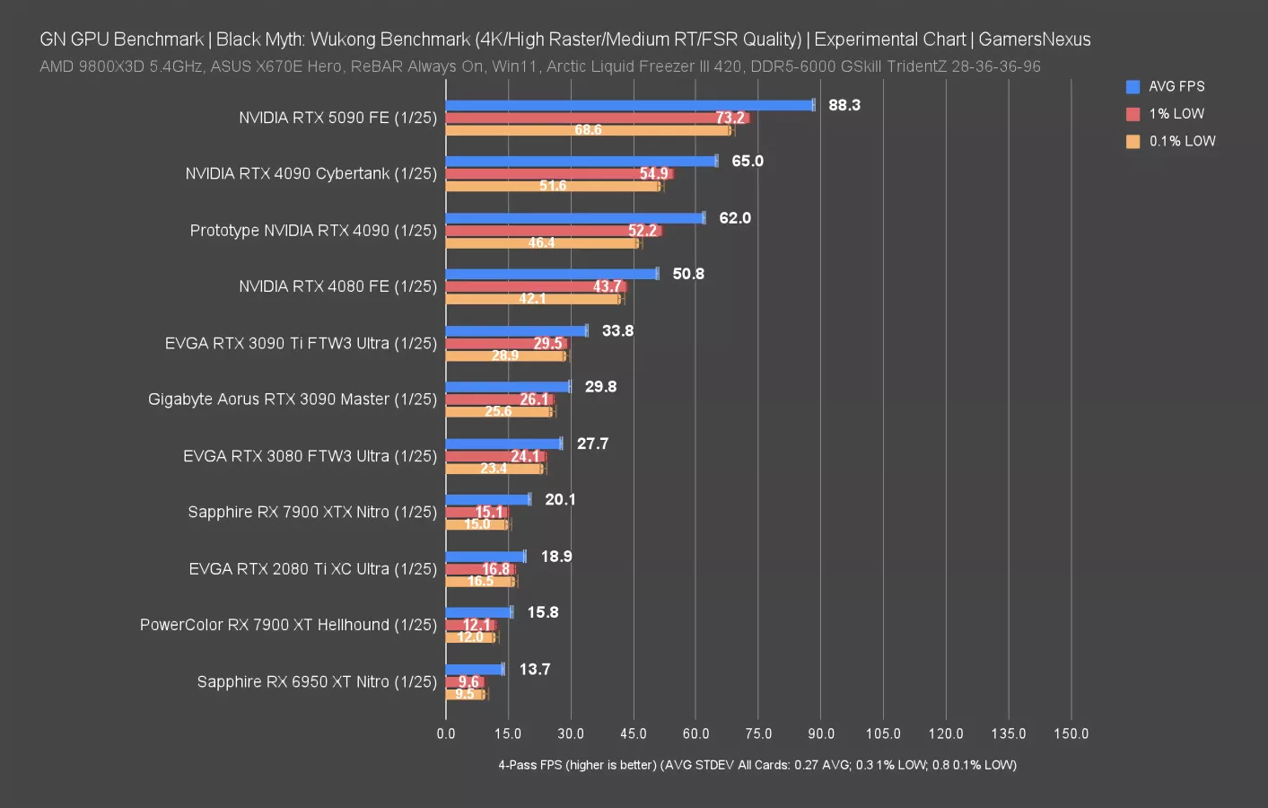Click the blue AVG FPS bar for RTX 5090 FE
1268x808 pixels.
pos(628,105)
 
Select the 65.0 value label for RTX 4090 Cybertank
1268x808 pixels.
pos(747,162)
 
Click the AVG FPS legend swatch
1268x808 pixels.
pos(1132,87)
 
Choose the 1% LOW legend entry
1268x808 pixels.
pos(1176,114)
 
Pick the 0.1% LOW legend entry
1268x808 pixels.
pos(1181,141)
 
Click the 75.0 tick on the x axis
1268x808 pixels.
pos(758,733)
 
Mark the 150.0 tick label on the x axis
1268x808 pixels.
pos(1071,733)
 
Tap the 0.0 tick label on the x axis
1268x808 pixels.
pos(446,733)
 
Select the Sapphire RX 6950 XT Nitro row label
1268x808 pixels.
pos(317,682)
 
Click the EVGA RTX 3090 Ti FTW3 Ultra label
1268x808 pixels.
pos(301,344)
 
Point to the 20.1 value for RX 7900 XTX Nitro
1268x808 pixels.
pos(560,500)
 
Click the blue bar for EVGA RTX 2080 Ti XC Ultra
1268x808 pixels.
pos(485,557)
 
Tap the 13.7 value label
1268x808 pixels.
pos(534,670)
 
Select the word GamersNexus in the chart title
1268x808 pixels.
pos(1034,40)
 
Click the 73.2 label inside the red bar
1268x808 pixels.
pos(730,118)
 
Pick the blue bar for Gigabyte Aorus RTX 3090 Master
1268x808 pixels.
pos(507,387)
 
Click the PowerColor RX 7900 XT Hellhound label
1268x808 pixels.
pos(288,625)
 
